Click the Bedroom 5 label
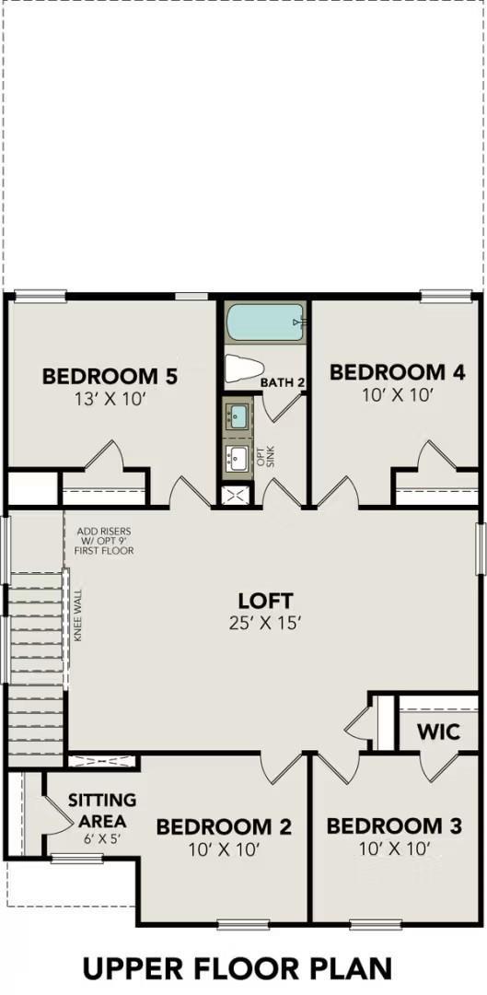110,376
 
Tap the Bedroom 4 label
397,372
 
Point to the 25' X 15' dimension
265,623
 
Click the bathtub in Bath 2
265,322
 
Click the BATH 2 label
283,381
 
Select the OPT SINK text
265,455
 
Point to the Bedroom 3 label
393,825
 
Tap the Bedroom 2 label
224,826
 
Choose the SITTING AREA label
102,810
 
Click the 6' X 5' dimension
102,839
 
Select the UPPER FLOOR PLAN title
238,967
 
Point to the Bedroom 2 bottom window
243,923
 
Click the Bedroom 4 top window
446,296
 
